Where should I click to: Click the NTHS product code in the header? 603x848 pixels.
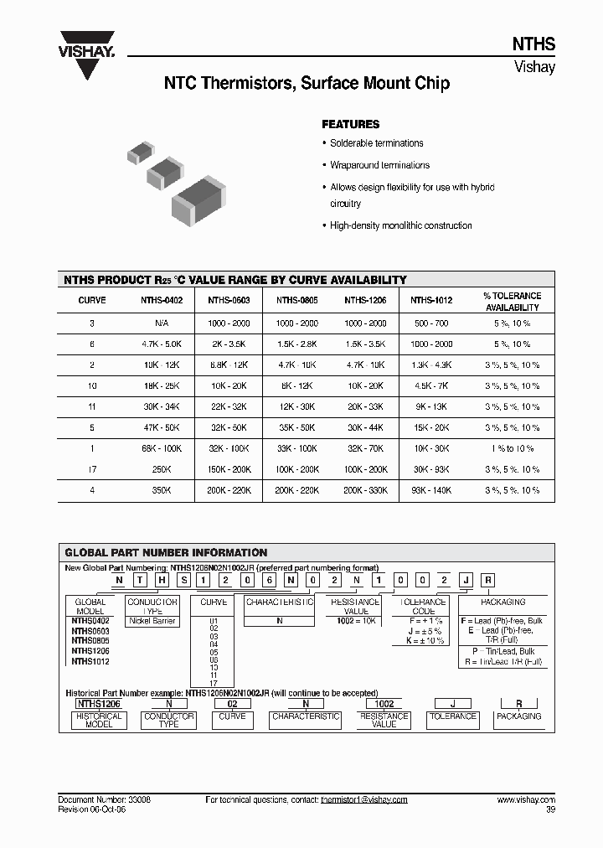(x=533, y=45)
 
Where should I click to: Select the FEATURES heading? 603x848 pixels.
(x=350, y=124)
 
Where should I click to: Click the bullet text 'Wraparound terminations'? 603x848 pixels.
(x=379, y=165)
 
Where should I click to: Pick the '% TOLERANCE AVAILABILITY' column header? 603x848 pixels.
(x=512, y=302)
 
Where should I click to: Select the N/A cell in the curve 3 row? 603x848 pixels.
(x=162, y=323)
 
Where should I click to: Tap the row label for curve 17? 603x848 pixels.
(x=92, y=469)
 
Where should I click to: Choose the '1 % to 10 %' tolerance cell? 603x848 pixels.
(x=512, y=448)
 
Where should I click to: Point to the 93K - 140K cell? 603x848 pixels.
(x=431, y=490)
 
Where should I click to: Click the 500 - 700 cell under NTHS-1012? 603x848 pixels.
(x=431, y=323)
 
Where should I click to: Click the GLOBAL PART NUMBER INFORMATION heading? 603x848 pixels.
(x=166, y=553)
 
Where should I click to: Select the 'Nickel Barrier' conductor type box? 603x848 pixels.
(x=152, y=621)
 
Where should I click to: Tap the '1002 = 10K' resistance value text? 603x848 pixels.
(x=355, y=621)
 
